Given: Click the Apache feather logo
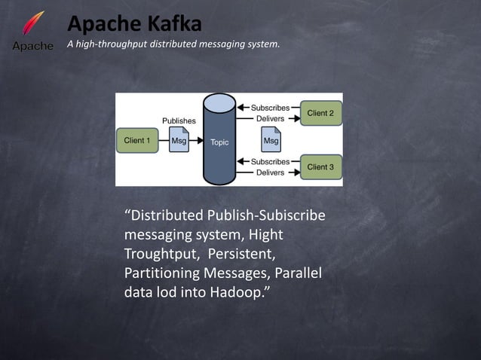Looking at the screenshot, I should (32, 29).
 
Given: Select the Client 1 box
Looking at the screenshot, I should (137, 141).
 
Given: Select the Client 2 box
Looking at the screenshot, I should (320, 113).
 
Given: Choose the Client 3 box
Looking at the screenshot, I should (320, 166).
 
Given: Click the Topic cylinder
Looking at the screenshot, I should (219, 141).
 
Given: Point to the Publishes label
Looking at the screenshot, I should (179, 121).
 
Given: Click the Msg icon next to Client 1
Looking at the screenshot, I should (179, 141).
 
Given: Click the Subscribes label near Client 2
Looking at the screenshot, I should (270, 108).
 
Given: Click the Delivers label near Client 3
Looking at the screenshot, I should (270, 172).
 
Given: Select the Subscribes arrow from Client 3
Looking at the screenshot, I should (244, 161).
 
